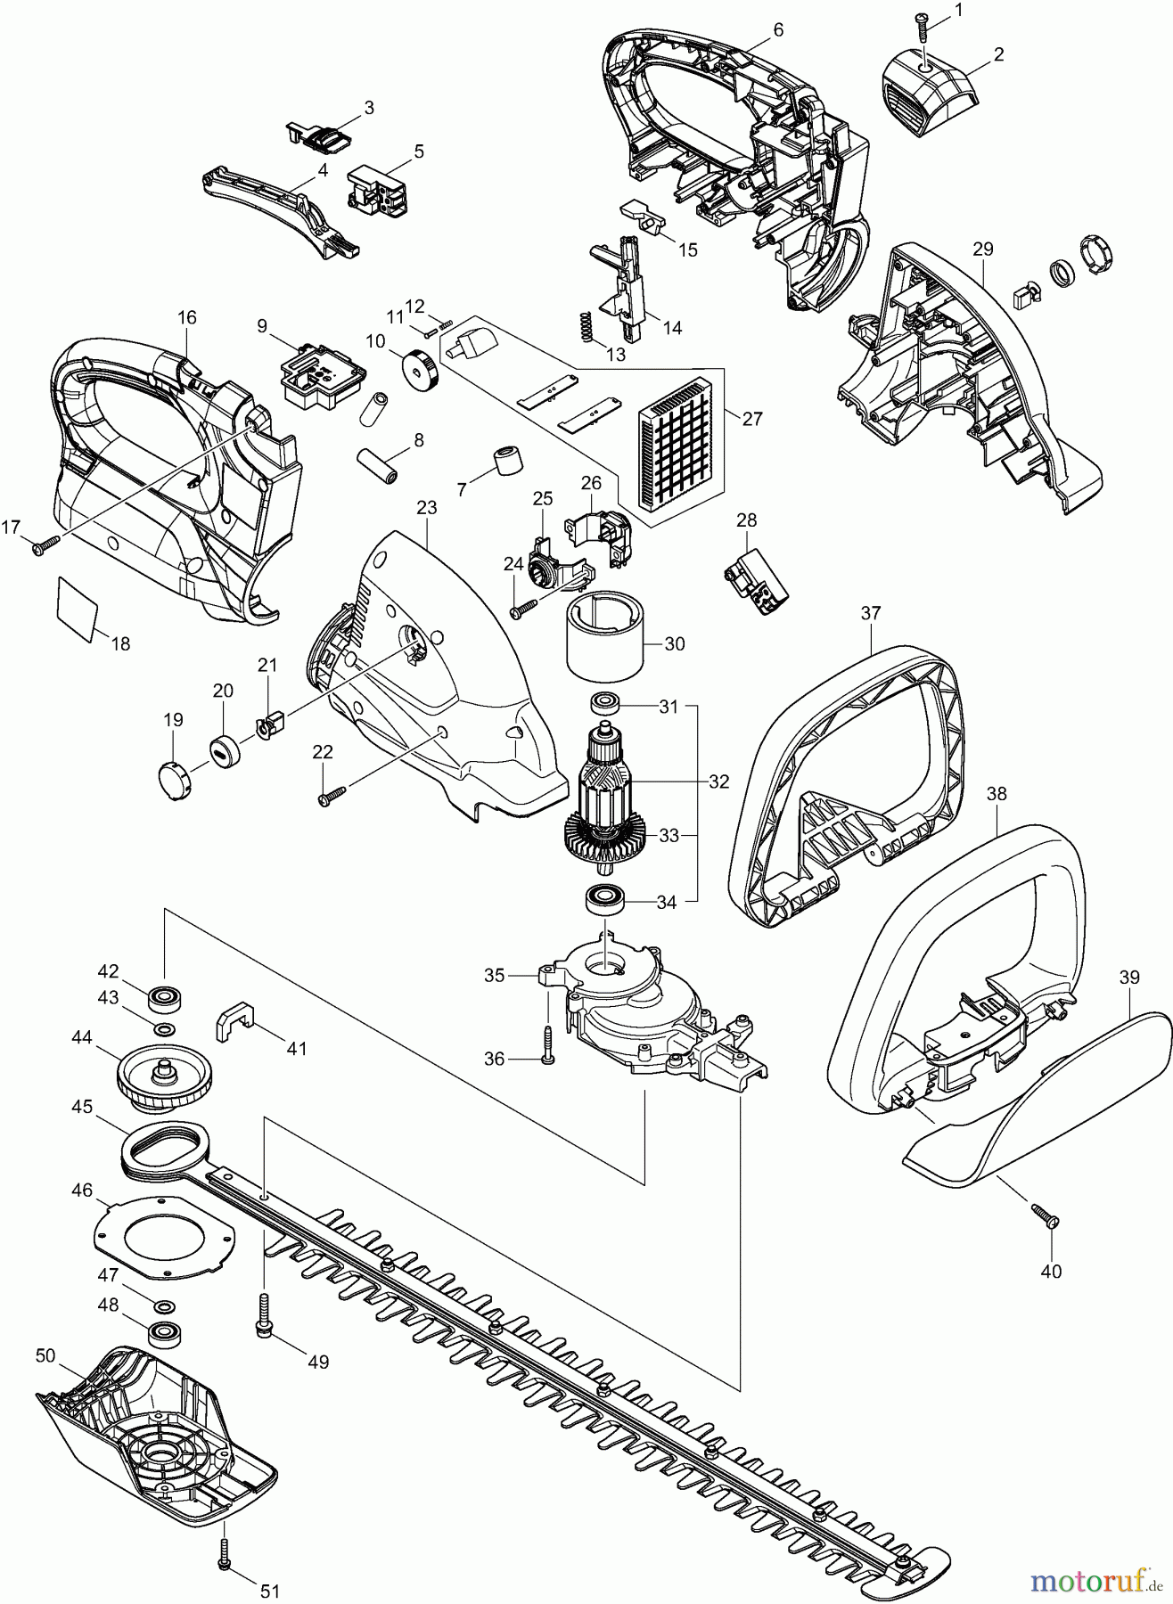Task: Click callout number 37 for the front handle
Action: (871, 613)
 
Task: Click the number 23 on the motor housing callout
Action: (427, 508)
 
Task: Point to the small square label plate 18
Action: (77, 609)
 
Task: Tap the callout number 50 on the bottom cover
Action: (46, 1355)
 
